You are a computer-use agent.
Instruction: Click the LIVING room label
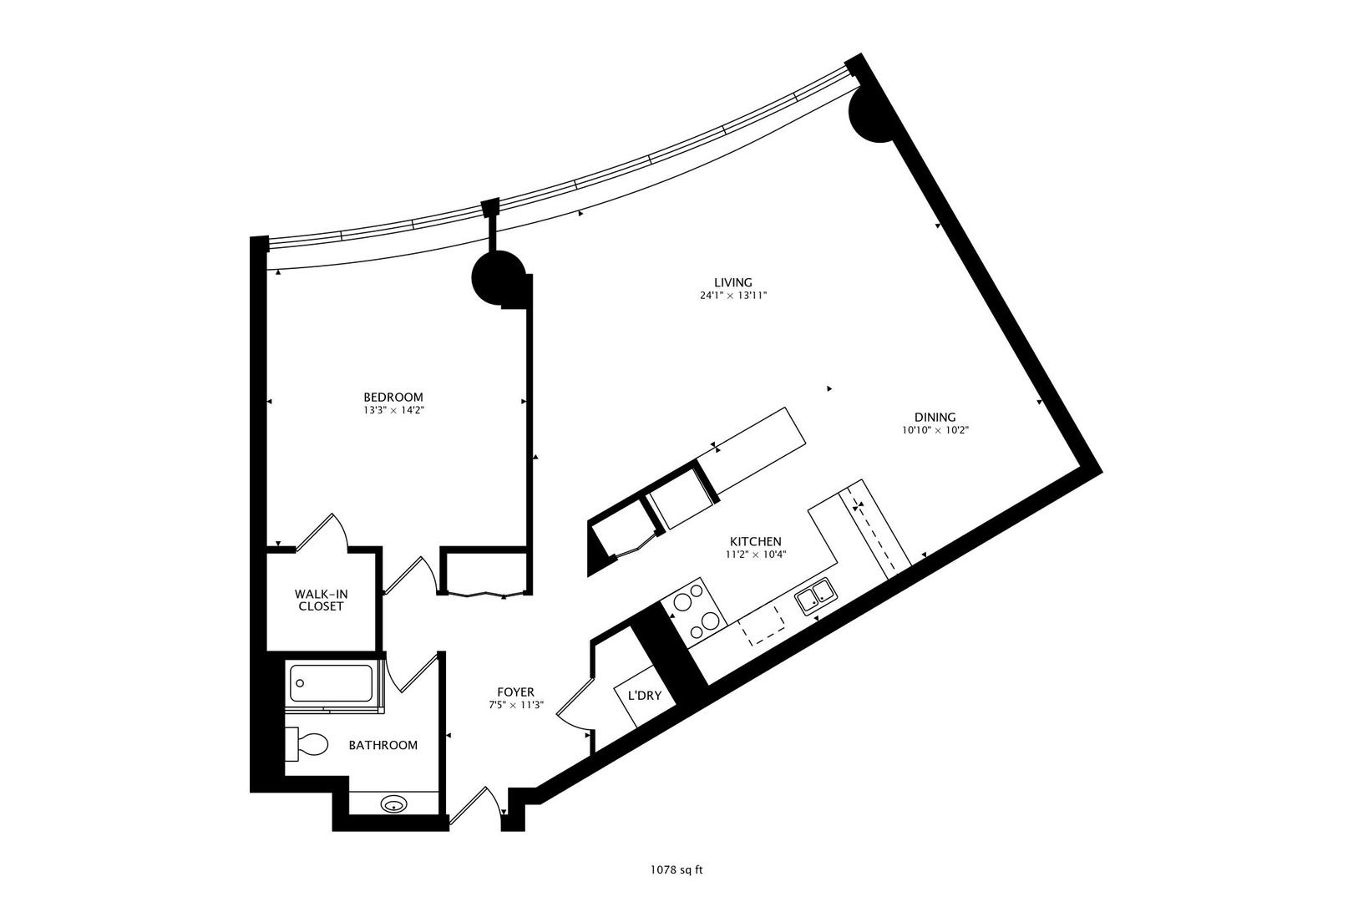click(733, 282)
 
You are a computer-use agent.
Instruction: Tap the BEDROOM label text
click(393, 397)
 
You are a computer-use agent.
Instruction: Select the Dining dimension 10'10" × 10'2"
click(934, 431)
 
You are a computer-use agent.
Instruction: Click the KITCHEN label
click(755, 540)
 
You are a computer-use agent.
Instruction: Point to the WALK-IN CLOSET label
click(321, 600)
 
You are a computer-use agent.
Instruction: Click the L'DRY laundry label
click(644, 695)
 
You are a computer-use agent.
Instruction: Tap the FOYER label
click(515, 692)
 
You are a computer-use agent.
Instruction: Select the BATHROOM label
click(383, 745)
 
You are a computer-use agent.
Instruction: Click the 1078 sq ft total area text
click(676, 869)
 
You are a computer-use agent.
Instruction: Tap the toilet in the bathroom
click(307, 744)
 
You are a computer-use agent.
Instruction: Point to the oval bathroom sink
click(393, 805)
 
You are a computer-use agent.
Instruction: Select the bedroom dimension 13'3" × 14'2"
click(393, 410)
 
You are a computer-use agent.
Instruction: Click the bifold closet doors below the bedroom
click(484, 594)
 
